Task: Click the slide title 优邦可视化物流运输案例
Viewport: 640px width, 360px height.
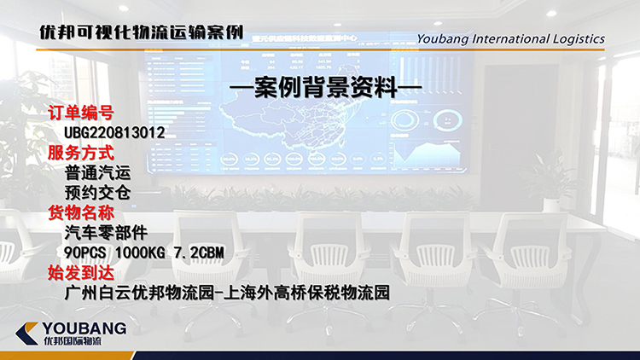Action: (x=140, y=33)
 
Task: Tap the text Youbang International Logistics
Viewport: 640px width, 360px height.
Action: (x=511, y=38)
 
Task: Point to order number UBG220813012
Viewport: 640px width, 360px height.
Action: (x=114, y=133)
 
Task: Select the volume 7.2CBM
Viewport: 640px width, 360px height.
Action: (x=198, y=253)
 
